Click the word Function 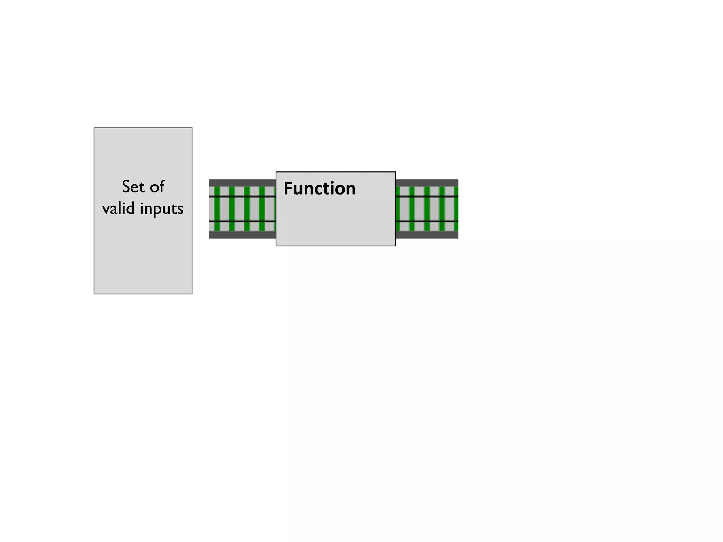[x=319, y=188]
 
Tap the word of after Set [x=157, y=187]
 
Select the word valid [x=118, y=208]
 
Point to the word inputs [x=162, y=209]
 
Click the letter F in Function [x=288, y=188]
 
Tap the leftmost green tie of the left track [x=217, y=209]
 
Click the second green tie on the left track [x=232, y=209]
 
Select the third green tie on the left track [x=247, y=209]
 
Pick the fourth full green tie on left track [x=262, y=209]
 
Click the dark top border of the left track [x=242, y=182]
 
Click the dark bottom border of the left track [x=242, y=235]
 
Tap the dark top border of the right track [x=427, y=182]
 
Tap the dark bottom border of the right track [x=427, y=235]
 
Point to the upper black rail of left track [x=242, y=196]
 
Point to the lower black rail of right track [x=427, y=221]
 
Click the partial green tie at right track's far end [x=456, y=209]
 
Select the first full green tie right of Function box [x=412, y=209]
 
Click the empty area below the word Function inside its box [x=335, y=222]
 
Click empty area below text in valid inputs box [x=143, y=258]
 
